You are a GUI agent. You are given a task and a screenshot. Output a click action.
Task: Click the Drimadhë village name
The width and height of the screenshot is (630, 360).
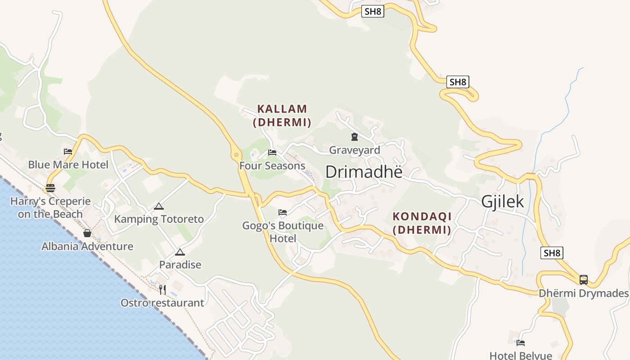[364, 171]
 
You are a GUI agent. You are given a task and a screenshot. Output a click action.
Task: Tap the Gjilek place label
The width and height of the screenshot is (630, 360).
[503, 202]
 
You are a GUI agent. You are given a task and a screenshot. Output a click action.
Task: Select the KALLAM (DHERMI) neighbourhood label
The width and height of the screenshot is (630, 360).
[282, 116]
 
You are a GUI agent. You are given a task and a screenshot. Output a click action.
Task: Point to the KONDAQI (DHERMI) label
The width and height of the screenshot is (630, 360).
[422, 223]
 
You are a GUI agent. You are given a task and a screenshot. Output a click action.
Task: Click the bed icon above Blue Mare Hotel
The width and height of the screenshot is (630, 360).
[68, 152]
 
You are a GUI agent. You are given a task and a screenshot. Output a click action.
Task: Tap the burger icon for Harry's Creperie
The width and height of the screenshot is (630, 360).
[50, 188]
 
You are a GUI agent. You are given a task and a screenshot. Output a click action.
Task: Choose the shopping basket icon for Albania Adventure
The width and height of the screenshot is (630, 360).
[87, 233]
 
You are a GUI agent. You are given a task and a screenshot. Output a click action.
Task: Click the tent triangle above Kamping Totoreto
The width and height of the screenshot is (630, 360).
[158, 207]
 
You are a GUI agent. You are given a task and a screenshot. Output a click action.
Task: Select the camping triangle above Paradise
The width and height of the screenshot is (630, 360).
[180, 252]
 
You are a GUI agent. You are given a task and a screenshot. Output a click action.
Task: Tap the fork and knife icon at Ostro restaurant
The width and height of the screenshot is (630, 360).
[162, 290]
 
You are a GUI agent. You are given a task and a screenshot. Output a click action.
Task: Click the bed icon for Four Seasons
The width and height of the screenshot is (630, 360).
[272, 153]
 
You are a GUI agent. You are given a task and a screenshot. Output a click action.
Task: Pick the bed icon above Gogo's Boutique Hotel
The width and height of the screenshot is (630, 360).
[283, 212]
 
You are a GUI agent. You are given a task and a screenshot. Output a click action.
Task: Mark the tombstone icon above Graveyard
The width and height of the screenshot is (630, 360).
[355, 137]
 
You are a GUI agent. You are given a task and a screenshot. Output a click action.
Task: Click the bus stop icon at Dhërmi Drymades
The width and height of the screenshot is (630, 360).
[584, 280]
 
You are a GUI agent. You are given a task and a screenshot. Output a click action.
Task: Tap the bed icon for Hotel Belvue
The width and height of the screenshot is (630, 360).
[521, 343]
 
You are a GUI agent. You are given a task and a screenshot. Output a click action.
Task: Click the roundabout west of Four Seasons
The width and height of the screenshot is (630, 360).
[236, 155]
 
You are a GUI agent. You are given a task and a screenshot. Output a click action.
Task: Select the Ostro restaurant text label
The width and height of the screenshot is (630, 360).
[162, 303]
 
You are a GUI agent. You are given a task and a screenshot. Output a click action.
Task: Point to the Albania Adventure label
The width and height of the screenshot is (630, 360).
[87, 246]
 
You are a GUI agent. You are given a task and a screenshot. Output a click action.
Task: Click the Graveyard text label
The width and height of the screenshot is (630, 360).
[355, 150]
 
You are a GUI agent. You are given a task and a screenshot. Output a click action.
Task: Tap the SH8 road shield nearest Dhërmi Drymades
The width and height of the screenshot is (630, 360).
[552, 253]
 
